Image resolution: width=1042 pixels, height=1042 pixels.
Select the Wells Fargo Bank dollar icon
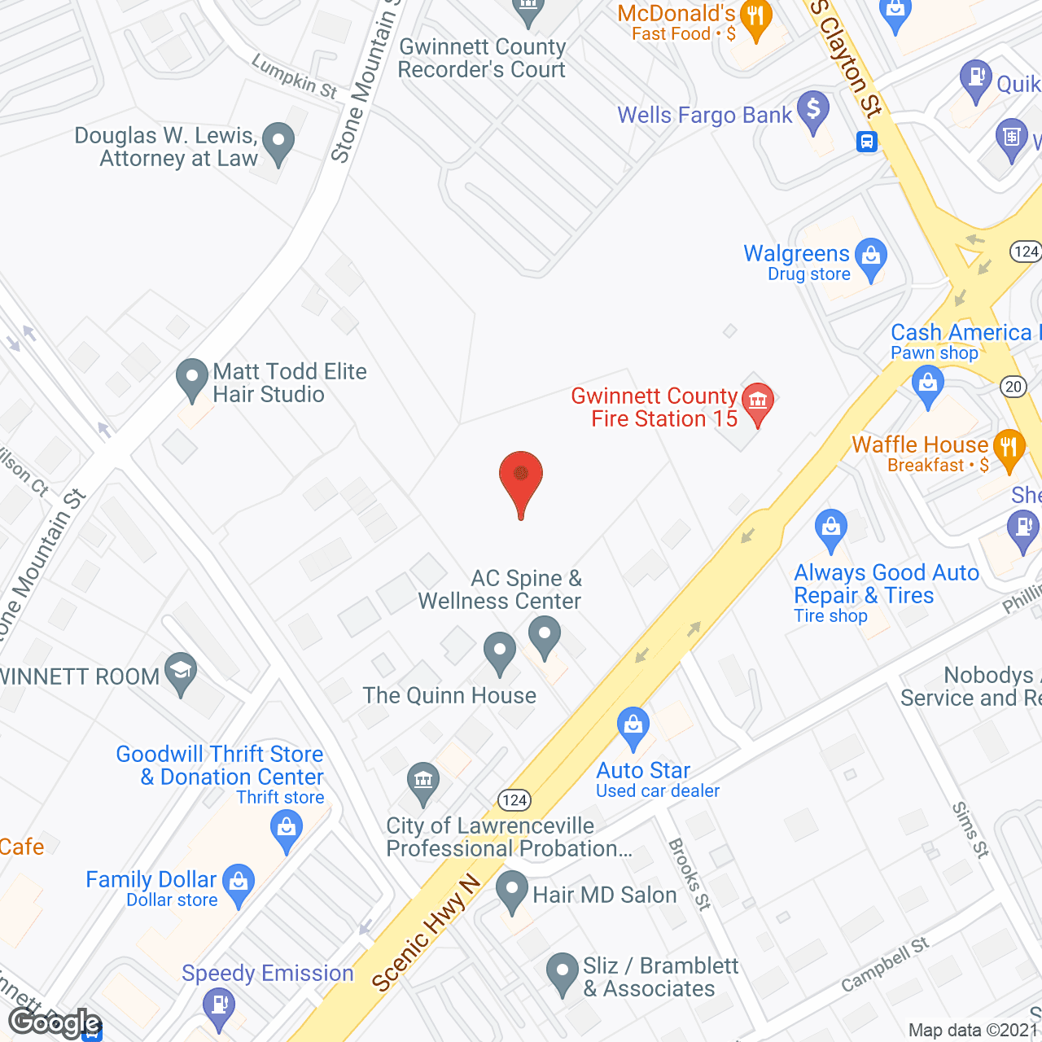click(813, 111)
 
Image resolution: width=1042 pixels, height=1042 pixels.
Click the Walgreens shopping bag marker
click(871, 257)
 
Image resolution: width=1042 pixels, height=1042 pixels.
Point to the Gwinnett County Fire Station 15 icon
click(758, 401)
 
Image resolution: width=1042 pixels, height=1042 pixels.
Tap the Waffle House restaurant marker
click(1009, 448)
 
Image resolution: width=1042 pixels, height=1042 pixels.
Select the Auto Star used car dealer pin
click(633, 726)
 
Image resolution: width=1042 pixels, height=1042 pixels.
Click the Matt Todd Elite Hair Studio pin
click(192, 379)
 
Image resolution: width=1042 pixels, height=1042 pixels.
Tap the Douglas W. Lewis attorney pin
click(278, 142)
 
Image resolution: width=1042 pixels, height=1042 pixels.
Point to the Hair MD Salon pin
click(512, 891)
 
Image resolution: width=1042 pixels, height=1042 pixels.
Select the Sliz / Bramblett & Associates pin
click(562, 973)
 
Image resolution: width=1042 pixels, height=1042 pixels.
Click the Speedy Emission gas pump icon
click(218, 1006)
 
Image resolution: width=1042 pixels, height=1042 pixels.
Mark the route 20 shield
click(1014, 387)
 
